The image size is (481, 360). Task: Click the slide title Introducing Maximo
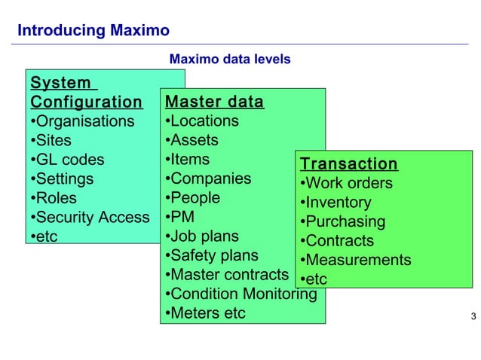click(93, 31)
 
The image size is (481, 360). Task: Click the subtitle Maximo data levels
click(230, 59)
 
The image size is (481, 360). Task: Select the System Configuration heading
click(86, 92)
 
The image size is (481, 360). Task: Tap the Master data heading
click(214, 102)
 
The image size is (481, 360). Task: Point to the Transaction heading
click(348, 163)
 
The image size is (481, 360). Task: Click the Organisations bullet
click(83, 121)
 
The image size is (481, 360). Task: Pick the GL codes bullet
click(68, 160)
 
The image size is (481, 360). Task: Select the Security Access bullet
click(90, 218)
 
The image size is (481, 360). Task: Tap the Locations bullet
click(202, 121)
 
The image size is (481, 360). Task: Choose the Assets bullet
click(192, 140)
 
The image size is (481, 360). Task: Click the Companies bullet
click(209, 178)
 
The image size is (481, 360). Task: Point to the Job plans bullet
click(202, 236)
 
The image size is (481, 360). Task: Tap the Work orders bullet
click(347, 183)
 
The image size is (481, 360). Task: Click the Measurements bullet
click(356, 260)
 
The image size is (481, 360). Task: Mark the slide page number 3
click(473, 316)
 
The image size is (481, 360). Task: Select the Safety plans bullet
click(212, 255)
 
